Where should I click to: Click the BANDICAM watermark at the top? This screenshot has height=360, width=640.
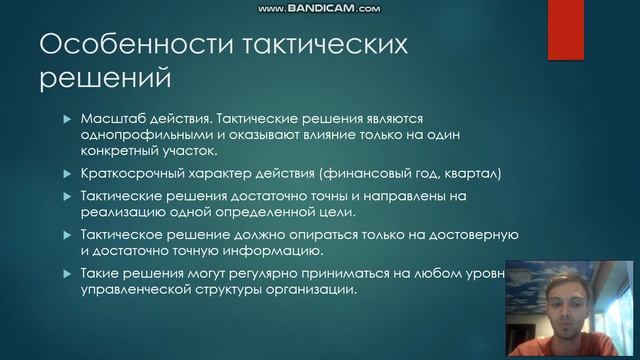pos(319,8)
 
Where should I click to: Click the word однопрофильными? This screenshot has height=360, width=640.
pos(137,135)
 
